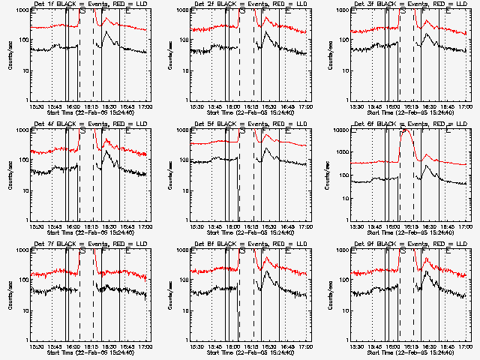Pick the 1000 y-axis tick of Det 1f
coord(22,10)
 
